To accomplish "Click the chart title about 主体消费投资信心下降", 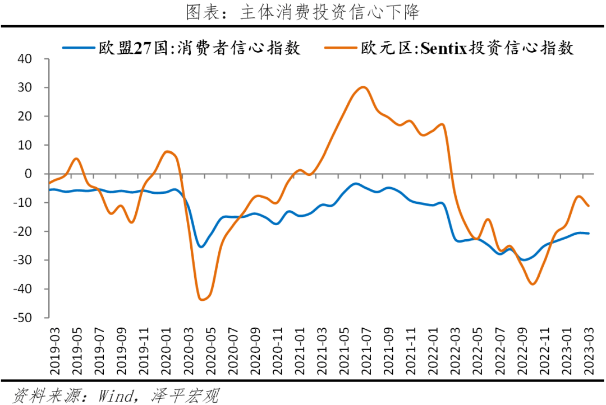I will coord(303,12).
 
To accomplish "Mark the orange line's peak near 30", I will coord(363,87).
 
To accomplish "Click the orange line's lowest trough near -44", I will coord(202,300).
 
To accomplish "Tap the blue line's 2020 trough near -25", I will coord(201,246).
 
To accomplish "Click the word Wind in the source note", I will coord(116,395).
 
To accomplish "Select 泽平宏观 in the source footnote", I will coord(185,395).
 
